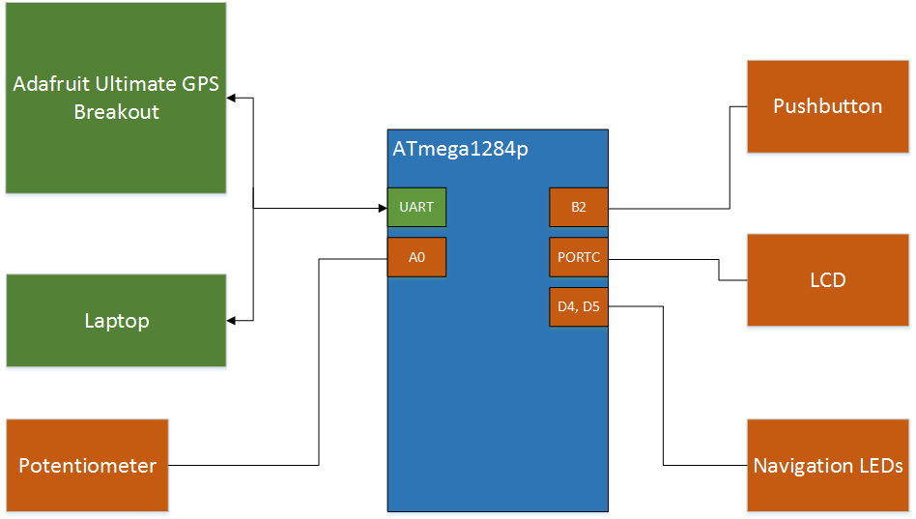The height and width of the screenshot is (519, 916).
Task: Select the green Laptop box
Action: pos(116,320)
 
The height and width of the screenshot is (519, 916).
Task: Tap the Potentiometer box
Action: pos(87,465)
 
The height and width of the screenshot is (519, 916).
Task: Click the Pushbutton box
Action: pos(828,106)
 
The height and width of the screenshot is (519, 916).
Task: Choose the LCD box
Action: pos(828,280)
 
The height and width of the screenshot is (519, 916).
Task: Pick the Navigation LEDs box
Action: pos(828,465)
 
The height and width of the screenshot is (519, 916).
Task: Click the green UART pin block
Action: pos(416,207)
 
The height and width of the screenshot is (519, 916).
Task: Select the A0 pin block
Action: pos(416,257)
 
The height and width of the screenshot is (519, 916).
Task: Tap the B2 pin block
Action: pos(578,207)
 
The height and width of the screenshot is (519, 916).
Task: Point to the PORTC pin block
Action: pos(578,257)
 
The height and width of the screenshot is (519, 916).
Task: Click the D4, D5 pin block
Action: pos(578,306)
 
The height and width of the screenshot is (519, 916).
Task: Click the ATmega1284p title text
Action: pos(460,150)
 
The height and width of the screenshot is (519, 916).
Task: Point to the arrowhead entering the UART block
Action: pos(382,207)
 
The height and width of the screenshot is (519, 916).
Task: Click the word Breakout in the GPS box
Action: pos(116,111)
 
